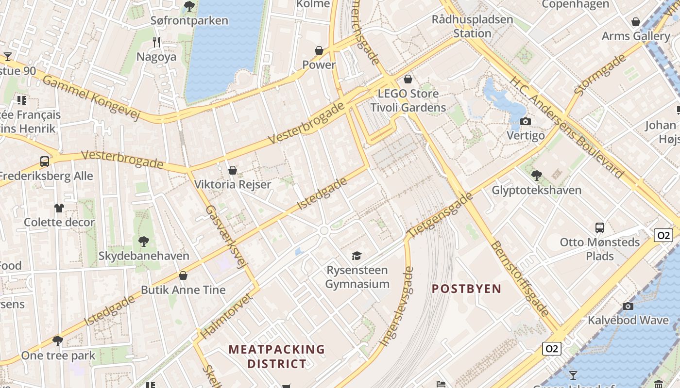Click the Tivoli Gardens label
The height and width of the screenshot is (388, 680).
(408, 107)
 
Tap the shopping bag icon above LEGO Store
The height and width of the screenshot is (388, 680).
(408, 79)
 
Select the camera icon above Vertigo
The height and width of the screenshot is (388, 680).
(525, 121)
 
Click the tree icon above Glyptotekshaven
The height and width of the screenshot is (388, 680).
(536, 175)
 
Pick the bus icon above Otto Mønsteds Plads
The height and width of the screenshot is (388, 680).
(600, 227)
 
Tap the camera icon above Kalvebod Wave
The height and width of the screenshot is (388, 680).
(628, 306)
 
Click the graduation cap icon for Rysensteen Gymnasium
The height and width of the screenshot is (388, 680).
(357, 256)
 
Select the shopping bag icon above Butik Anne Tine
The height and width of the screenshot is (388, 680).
(183, 275)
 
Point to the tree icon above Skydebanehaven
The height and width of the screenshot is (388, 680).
(143, 241)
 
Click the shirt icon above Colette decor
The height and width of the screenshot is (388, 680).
(59, 208)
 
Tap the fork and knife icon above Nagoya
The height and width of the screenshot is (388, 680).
(156, 42)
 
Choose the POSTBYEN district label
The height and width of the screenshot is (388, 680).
(466, 289)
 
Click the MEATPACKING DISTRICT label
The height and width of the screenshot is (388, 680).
(277, 356)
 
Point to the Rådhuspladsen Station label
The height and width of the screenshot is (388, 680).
(472, 27)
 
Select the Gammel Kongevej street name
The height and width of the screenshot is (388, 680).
(91, 97)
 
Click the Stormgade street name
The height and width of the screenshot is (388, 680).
(600, 75)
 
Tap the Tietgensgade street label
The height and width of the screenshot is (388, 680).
(440, 215)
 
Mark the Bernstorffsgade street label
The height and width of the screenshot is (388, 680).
(520, 279)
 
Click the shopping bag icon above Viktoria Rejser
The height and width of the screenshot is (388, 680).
(233, 170)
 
